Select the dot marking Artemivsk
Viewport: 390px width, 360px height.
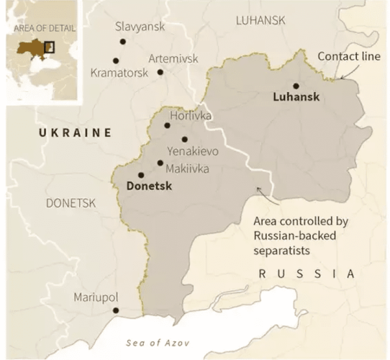pyautogui.click(x=160, y=71)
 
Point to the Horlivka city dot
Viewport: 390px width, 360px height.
pyautogui.click(x=167, y=125)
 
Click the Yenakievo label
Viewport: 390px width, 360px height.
pyautogui.click(x=191, y=153)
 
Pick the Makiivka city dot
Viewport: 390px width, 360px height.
pyautogui.click(x=160, y=163)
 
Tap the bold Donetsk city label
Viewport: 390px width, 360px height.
pyautogui.click(x=152, y=186)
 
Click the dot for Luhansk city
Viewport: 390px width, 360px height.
pyautogui.click(x=296, y=86)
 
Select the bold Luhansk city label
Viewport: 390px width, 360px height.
pyautogui.click(x=296, y=97)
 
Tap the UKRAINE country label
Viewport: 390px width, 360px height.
pyautogui.click(x=76, y=132)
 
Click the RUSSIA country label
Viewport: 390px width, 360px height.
pyautogui.click(x=307, y=274)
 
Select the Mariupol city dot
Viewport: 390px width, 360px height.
pyautogui.click(x=116, y=311)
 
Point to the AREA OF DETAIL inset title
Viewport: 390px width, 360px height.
pyautogui.click(x=44, y=29)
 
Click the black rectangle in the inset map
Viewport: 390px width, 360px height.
pyautogui.click(x=49, y=48)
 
